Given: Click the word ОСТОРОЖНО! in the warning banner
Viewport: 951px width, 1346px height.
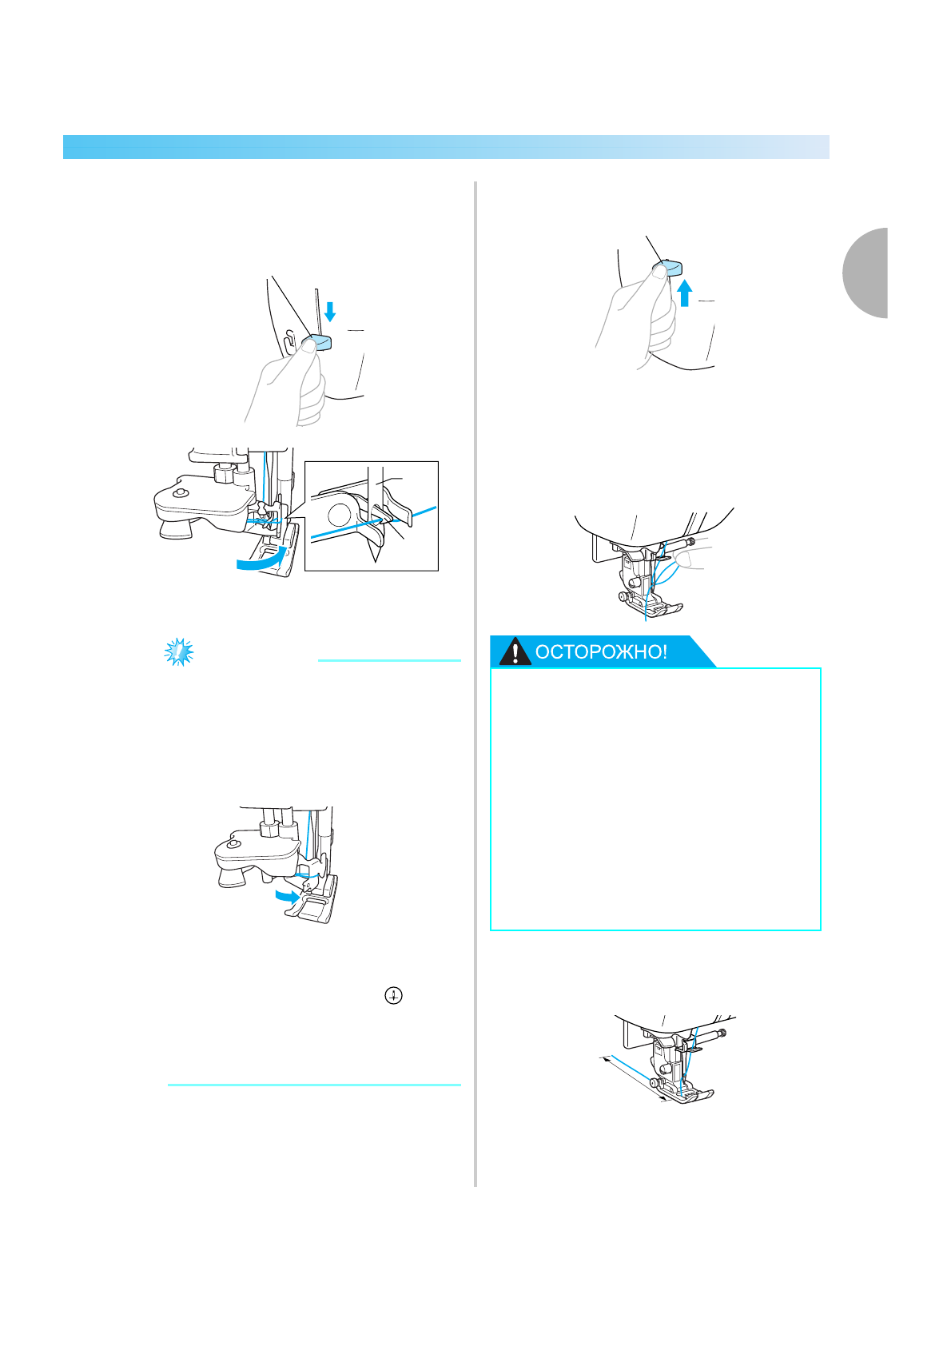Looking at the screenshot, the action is click(601, 652).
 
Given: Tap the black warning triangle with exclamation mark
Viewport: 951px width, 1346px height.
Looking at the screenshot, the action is click(515, 652).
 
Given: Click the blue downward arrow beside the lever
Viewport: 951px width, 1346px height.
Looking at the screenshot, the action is click(330, 311).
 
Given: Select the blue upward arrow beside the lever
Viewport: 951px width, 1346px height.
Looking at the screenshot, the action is click(684, 293).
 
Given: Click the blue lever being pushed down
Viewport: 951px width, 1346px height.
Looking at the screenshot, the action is click(316, 344).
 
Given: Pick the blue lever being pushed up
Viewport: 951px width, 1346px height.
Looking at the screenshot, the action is click(667, 269).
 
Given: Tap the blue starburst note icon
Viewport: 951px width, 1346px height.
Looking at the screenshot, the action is click(179, 652).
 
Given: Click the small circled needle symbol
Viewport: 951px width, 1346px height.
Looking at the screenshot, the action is click(393, 996).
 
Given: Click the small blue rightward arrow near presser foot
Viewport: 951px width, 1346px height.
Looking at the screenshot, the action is click(287, 897).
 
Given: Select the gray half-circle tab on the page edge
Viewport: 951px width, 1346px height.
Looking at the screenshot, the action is click(865, 273).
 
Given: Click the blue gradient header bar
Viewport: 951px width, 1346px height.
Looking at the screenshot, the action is click(447, 147).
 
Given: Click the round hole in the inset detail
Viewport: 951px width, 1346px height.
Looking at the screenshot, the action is click(340, 515).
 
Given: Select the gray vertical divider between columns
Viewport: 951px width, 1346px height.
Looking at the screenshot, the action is click(475, 684).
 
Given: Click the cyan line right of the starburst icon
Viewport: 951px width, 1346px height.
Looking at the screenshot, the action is click(389, 660).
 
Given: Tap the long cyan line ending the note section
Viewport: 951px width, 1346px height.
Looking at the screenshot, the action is click(314, 1085).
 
